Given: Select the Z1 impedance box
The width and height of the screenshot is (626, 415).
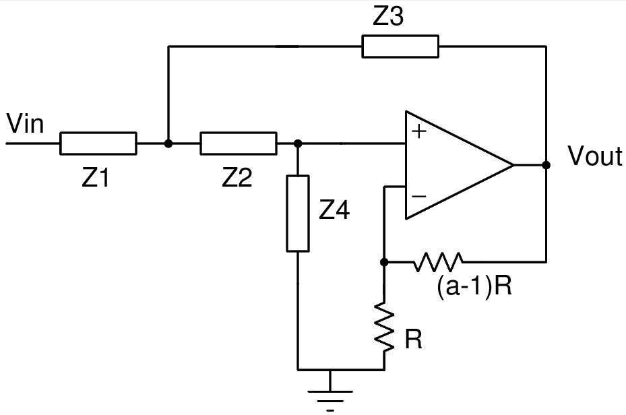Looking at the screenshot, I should coord(98,143).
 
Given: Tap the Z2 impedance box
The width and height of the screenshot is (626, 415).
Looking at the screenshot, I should coord(239,143).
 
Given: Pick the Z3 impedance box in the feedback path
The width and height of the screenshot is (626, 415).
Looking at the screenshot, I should coord(400,46).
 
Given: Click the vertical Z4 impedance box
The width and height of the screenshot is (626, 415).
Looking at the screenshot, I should coord(298,213).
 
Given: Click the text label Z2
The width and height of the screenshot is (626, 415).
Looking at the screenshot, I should coord(238,178).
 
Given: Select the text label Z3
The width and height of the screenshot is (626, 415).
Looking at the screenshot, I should coord(389,18).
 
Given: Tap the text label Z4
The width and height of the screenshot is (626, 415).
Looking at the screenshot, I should coord(335,212).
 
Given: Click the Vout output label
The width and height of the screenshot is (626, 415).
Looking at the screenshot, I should coord(594,156).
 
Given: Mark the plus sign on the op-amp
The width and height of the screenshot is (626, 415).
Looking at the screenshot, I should coord(419,131).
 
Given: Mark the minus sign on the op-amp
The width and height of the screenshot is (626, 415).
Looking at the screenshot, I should coord(418,196).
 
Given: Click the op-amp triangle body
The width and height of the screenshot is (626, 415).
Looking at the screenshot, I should coord(451,164).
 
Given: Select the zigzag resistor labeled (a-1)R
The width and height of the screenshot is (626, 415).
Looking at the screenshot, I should coord(439,261).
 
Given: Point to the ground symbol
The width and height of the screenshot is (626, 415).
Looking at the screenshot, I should coord(330,393).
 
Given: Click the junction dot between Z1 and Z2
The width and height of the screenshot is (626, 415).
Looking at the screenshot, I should coord(168,143).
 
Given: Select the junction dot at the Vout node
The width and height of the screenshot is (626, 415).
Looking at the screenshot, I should coord(546,164).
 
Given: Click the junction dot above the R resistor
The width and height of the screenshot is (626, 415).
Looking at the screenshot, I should coord(384,261).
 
